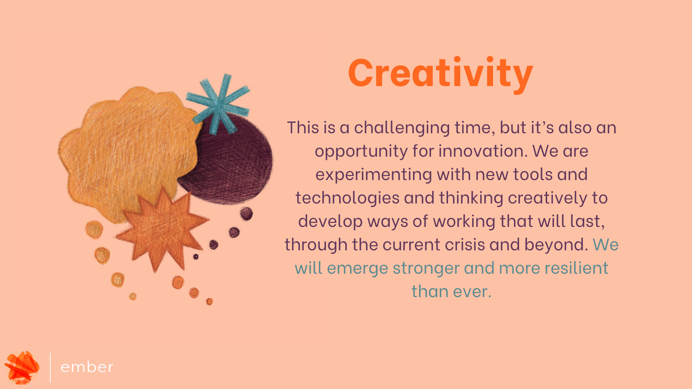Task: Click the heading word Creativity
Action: (440, 74)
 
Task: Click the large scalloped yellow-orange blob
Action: (126, 151)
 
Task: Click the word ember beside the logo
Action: (87, 367)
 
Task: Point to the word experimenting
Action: (374, 175)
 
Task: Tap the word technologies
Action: (347, 198)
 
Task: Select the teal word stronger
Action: (426, 269)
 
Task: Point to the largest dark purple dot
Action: (247, 214)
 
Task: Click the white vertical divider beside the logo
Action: (50, 367)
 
